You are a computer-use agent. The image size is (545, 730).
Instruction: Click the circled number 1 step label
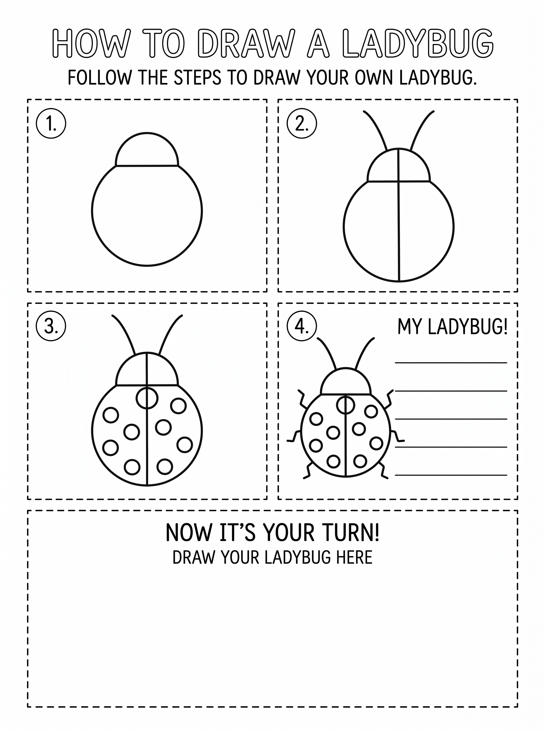pyautogui.click(x=51, y=123)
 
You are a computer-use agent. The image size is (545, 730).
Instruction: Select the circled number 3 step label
pyautogui.click(x=51, y=326)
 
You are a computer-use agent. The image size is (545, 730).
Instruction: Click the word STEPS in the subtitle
pyautogui.click(x=197, y=78)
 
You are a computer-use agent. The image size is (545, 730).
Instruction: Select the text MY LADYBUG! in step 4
pyautogui.click(x=452, y=327)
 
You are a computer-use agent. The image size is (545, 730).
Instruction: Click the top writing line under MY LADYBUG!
pyautogui.click(x=451, y=363)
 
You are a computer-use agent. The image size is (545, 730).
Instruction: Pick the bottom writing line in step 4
pyautogui.click(x=451, y=475)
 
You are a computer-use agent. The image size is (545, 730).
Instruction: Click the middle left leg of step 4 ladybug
pyautogui.click(x=294, y=436)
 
